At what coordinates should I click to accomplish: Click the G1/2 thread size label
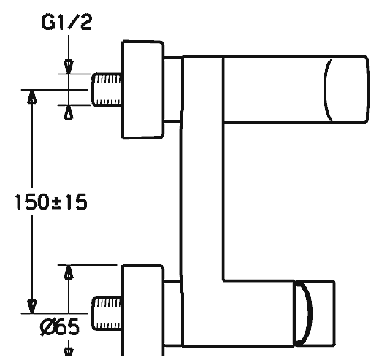(66, 22)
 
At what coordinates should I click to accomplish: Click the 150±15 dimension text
(51, 202)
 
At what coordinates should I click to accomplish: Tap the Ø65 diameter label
(60, 326)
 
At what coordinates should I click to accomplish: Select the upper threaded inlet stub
(107, 90)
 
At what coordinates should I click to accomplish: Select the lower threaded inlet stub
(107, 314)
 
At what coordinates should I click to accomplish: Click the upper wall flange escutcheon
(142, 89)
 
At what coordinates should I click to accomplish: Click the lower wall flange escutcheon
(142, 310)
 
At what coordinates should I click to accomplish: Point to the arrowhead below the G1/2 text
(69, 66)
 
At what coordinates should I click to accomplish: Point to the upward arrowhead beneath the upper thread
(69, 112)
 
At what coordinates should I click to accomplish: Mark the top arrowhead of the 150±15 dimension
(32, 97)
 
